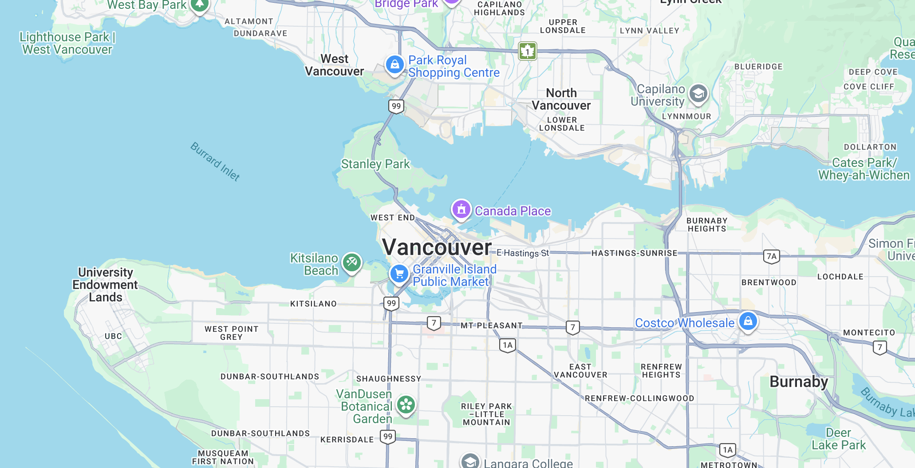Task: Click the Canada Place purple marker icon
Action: [x=461, y=209]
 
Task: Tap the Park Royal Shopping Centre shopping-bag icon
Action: [x=394, y=65]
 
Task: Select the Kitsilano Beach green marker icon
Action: [x=352, y=262]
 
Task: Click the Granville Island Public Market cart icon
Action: [x=399, y=274]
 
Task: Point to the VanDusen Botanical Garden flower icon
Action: [x=406, y=405]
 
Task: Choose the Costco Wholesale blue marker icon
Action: [x=748, y=321]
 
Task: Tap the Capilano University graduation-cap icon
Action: [x=698, y=94]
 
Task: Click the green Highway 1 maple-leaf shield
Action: [x=528, y=51]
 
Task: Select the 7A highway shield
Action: [x=772, y=256]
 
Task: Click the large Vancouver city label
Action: [x=437, y=247]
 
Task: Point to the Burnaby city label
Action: [x=799, y=382]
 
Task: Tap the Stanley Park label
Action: [x=375, y=164]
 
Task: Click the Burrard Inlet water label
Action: [x=215, y=162]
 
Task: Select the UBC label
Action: [x=113, y=337]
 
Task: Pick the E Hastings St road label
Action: [x=523, y=253]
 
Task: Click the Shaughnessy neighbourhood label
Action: [x=389, y=379]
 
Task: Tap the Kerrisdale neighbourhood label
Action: [x=347, y=440]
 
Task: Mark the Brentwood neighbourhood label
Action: [x=769, y=282]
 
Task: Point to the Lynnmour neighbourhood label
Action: [x=686, y=116]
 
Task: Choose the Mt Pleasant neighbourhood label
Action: [x=491, y=325]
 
